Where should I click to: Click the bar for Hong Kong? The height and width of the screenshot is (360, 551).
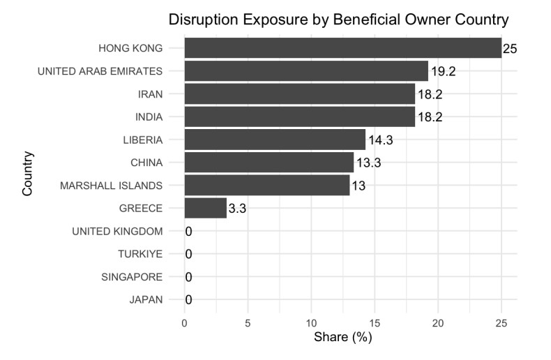[x=342, y=48]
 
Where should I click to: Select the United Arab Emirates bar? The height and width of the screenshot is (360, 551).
[x=306, y=70]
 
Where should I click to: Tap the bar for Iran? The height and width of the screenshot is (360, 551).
[x=300, y=93]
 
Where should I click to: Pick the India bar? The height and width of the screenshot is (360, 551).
[x=300, y=117]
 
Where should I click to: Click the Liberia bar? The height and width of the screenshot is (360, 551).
[x=275, y=140]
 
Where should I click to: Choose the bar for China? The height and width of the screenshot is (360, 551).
[x=269, y=163]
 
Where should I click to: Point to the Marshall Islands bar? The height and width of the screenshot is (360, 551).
[x=267, y=186]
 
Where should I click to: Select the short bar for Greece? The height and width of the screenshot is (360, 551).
[x=206, y=208]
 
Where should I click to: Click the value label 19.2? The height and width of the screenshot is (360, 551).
[x=443, y=71]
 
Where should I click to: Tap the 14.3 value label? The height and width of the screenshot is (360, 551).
[x=380, y=140]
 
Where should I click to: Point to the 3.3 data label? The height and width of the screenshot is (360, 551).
[x=236, y=209]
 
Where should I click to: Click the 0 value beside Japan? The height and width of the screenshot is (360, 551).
[x=188, y=300]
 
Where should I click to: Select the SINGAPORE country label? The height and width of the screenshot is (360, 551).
[x=133, y=277]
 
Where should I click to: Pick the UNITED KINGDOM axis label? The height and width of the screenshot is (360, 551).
[x=117, y=231]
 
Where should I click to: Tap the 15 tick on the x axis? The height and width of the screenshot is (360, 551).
[x=375, y=323]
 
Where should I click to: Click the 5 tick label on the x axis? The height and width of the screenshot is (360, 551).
[x=248, y=323]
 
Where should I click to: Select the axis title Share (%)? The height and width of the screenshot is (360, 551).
[x=342, y=338]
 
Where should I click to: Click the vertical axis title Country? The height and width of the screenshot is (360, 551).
[x=28, y=174]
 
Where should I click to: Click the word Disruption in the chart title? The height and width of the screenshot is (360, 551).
[x=202, y=20]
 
